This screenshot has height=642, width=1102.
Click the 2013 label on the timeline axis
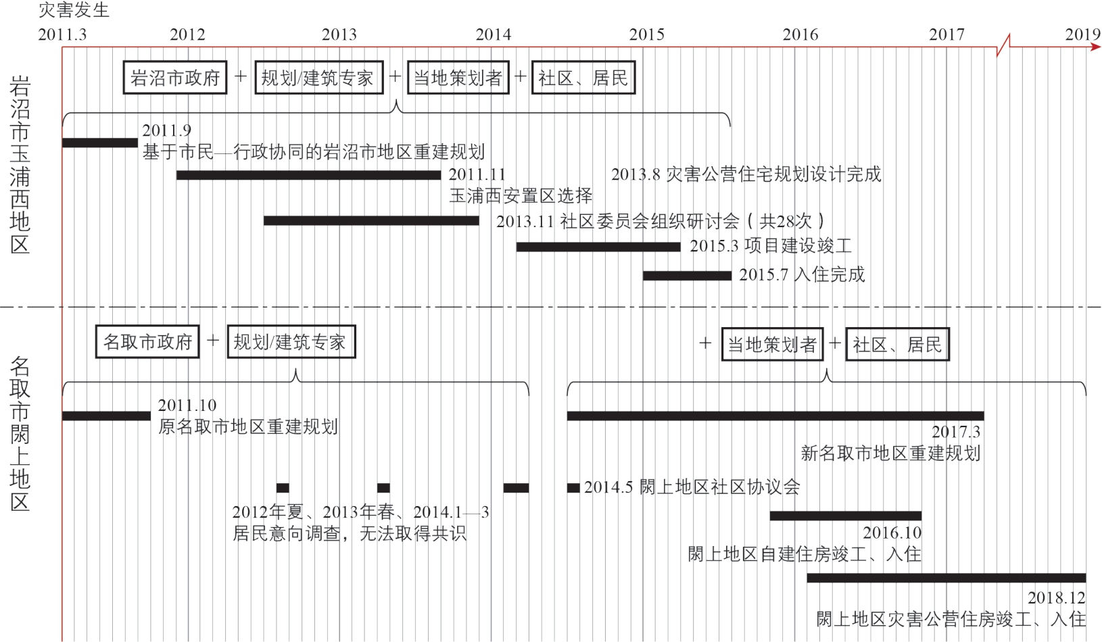[x=339, y=34]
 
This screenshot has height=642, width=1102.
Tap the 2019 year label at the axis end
[x=1083, y=34]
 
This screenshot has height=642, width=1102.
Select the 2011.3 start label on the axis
[x=62, y=34]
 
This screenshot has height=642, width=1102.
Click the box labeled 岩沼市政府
[x=175, y=78]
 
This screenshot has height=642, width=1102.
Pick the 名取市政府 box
[x=147, y=342]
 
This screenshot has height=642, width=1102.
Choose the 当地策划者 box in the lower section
[x=772, y=344]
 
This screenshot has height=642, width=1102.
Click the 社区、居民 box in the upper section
[x=583, y=78]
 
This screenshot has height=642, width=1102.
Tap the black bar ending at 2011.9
[x=100, y=143]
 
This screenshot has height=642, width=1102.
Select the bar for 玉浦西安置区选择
[x=308, y=175]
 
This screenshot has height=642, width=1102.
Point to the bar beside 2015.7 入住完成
[x=688, y=276]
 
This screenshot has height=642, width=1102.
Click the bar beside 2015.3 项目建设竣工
[x=598, y=247]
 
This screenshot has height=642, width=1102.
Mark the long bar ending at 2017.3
[x=775, y=416]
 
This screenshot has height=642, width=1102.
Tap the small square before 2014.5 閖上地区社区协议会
[x=573, y=488]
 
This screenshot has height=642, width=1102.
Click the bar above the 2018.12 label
[x=946, y=578]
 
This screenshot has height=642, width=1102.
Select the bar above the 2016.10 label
[x=845, y=516]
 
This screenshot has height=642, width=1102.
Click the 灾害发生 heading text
[x=74, y=10]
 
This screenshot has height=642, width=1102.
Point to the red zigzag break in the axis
[x=1003, y=45]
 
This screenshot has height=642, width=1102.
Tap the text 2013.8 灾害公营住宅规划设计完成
[x=746, y=174]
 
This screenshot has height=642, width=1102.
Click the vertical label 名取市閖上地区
[x=20, y=434]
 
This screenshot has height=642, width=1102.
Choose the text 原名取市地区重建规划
[x=248, y=426]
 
